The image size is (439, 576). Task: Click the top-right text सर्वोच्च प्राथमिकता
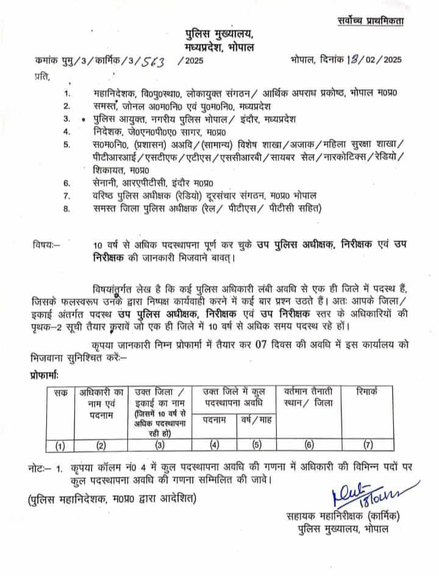(x=371, y=21)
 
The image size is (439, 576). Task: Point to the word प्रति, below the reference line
(x=43, y=75)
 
